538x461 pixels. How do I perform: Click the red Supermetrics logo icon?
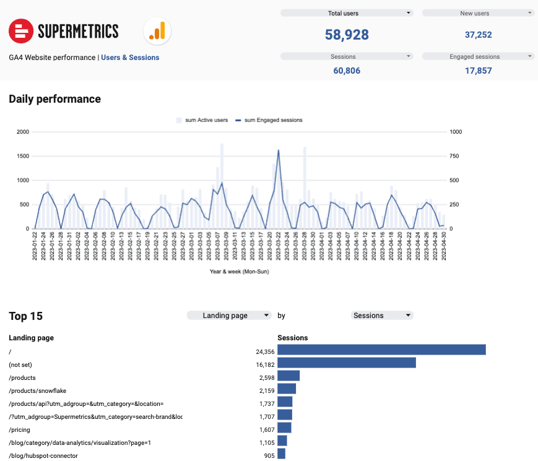20,30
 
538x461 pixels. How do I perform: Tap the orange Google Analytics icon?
157,30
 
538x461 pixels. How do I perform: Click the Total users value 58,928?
347,35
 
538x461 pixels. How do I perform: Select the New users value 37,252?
479,35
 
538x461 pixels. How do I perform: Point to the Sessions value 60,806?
347,71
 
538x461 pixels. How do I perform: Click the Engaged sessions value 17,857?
479,71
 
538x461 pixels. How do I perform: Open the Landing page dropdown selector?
229,316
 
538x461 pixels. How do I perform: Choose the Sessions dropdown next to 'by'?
382,316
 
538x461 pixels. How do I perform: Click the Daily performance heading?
54,99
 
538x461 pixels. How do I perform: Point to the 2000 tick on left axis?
23,132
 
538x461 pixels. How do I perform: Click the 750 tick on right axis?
454,156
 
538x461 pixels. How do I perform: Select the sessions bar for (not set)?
346,363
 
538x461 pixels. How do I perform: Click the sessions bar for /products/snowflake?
287,389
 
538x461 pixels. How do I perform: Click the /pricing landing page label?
19,429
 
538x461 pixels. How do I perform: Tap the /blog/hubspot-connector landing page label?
43,455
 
